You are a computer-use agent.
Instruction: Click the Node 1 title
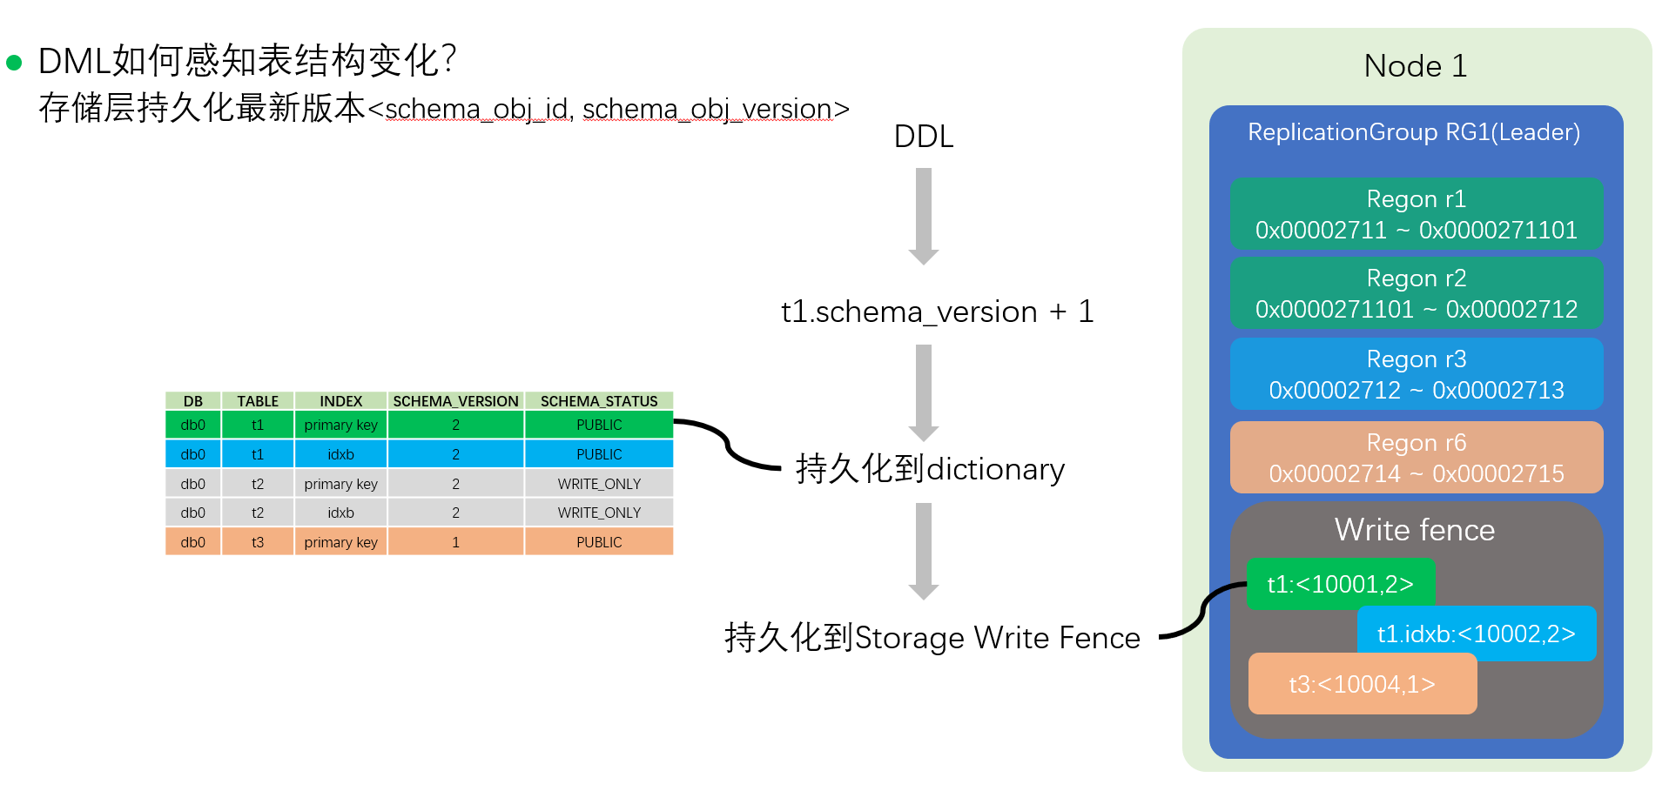click(x=1416, y=66)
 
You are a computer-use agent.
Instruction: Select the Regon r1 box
click(x=1416, y=214)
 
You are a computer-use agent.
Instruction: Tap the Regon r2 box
click(x=1416, y=293)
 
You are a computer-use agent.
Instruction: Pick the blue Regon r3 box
click(x=1416, y=374)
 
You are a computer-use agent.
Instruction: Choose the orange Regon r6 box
click(x=1416, y=458)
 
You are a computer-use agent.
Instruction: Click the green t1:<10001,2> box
click(x=1340, y=584)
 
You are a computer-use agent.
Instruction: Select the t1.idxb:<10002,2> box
click(x=1476, y=633)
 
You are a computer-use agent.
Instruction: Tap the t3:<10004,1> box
click(x=1362, y=684)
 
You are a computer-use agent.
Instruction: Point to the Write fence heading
click(x=1414, y=530)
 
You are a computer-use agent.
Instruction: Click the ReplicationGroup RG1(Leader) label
click(x=1414, y=132)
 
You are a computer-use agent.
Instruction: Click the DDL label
click(x=924, y=137)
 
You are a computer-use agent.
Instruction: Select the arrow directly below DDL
click(x=924, y=216)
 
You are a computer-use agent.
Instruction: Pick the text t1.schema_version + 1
click(x=937, y=312)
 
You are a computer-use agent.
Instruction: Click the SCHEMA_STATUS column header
click(x=599, y=401)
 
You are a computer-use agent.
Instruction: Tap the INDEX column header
click(x=340, y=401)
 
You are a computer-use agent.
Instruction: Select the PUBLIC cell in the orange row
click(x=599, y=542)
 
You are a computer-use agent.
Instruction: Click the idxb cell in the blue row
click(x=340, y=454)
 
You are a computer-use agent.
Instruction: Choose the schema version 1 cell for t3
click(x=455, y=542)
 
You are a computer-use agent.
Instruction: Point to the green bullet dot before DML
click(x=14, y=63)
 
